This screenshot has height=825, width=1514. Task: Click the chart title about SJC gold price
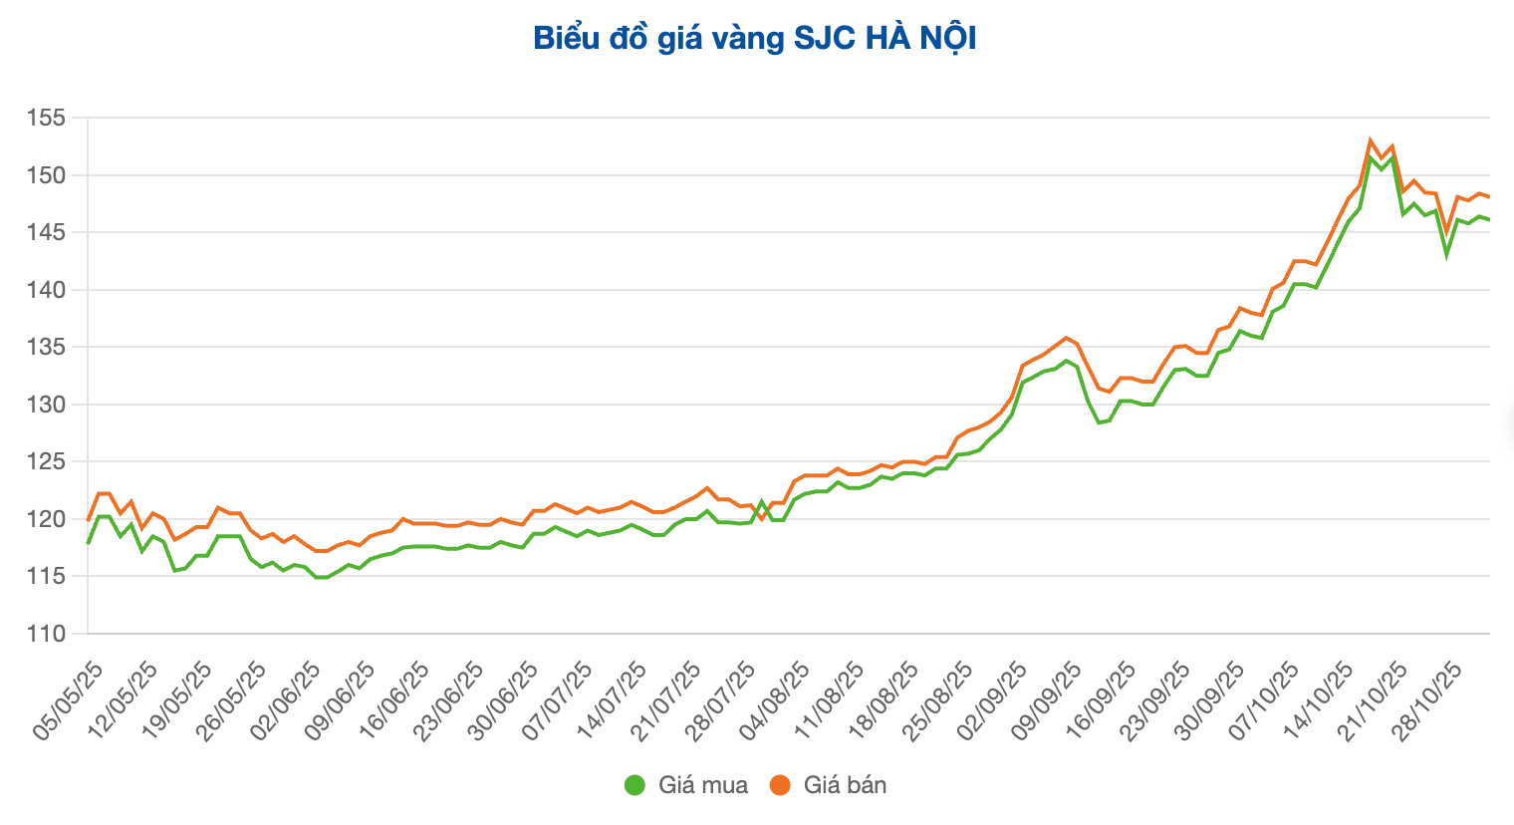[x=754, y=39]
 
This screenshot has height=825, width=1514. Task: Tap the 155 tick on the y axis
[x=46, y=119]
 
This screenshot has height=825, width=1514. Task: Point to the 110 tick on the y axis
[x=46, y=634]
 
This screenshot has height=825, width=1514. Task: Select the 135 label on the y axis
[x=46, y=348]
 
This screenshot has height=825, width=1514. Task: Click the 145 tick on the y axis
[x=46, y=233]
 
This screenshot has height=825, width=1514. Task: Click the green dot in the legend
[x=635, y=785]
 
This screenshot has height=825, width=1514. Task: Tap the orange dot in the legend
[x=780, y=785]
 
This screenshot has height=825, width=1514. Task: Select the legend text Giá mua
[x=702, y=785]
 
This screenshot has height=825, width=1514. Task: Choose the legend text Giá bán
[x=845, y=785]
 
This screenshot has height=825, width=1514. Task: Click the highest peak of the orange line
[x=1371, y=140]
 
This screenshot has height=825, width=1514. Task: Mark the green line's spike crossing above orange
[x=762, y=502]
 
